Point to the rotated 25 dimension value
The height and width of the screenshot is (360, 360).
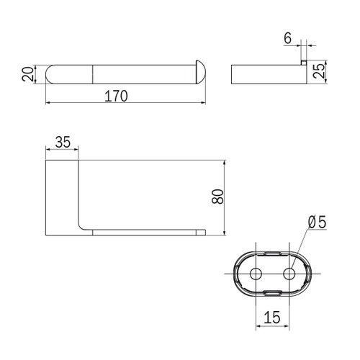(x=320, y=71)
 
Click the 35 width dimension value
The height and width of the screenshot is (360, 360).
(x=63, y=143)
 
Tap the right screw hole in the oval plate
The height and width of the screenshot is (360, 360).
(x=290, y=273)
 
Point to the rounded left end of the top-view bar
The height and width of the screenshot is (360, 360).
(x=54, y=74)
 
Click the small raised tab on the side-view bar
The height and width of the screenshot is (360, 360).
(x=304, y=63)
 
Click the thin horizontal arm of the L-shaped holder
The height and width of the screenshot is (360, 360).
(x=144, y=232)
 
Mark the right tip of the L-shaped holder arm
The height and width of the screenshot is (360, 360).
(x=203, y=232)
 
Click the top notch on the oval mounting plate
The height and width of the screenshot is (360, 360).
(x=274, y=253)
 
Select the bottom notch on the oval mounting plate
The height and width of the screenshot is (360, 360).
(x=274, y=292)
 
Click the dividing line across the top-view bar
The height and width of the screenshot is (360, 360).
(x=94, y=74)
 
